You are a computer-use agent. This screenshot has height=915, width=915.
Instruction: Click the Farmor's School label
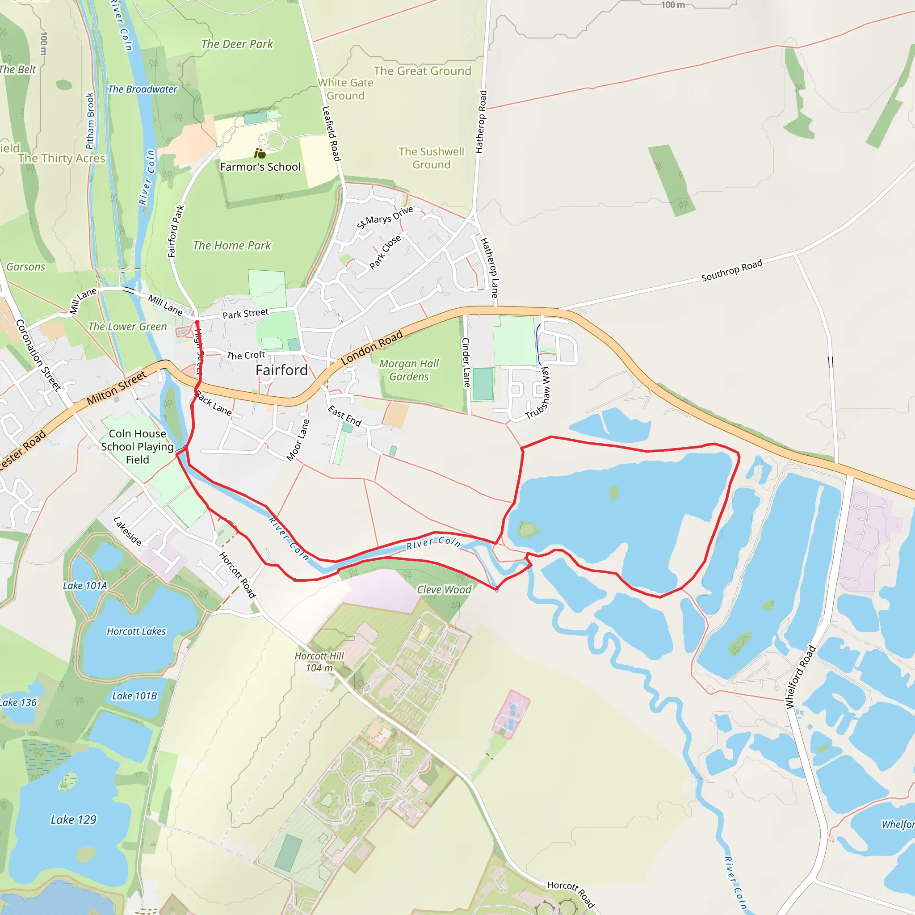pos(260,167)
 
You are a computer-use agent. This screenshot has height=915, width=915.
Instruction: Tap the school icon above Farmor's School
pos(260,153)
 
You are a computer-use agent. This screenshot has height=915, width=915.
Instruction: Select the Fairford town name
pos(281,370)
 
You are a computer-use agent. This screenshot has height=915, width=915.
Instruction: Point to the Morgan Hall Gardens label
pos(409,370)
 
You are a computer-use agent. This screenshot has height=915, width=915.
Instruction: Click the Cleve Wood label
pos(444,590)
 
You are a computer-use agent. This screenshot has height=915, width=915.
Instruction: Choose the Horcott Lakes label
pos(136,631)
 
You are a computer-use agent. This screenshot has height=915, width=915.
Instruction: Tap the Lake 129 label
pos(73,820)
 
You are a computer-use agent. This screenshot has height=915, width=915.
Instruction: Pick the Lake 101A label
pos(85,586)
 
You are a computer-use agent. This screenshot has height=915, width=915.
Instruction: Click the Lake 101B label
pos(134,696)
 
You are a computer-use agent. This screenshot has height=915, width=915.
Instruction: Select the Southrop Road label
pos(731,270)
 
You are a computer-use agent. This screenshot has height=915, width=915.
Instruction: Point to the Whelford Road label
pos(800,677)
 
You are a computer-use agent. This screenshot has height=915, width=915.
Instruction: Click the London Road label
pos(372,347)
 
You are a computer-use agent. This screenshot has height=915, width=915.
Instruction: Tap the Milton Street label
pos(117,388)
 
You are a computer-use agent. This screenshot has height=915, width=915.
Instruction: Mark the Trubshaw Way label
pos(538,393)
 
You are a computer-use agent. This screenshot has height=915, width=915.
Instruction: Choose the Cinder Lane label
pos(466,362)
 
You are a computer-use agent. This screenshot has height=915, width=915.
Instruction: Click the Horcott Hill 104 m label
pos(319,662)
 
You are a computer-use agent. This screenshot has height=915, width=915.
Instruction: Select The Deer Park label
pos(237,44)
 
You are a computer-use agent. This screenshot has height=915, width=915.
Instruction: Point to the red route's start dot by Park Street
pos(197,322)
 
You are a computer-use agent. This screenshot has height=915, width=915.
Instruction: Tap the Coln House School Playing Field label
pos(137,447)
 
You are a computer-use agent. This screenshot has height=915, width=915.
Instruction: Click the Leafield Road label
pos(331,133)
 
